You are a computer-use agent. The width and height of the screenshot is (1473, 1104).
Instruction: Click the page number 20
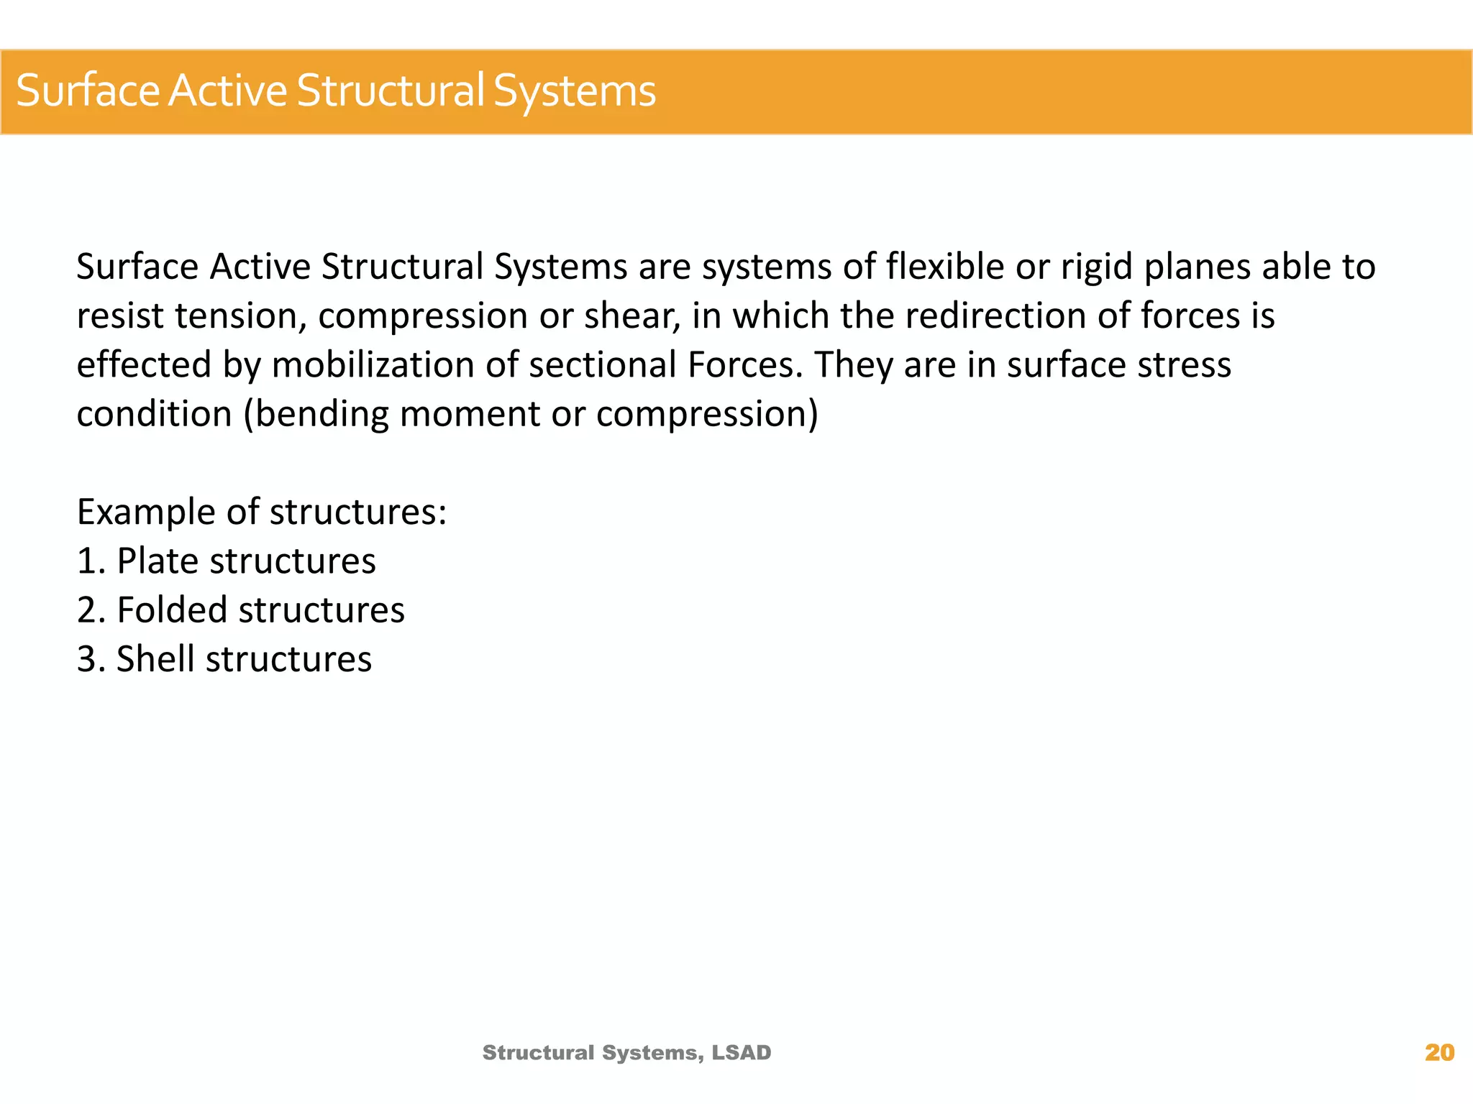coord(1439,1052)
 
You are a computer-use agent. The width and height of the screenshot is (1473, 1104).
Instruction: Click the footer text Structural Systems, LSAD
coord(626,1052)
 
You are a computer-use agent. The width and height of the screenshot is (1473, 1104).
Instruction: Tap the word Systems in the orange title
coord(574,91)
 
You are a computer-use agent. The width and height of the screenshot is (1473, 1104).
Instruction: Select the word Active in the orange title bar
coord(227,91)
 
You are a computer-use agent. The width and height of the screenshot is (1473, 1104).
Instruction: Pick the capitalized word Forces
coord(744,365)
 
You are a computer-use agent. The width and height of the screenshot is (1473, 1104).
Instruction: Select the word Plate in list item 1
coord(157,561)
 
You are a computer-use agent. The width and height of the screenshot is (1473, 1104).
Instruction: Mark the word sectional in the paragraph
coord(603,365)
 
